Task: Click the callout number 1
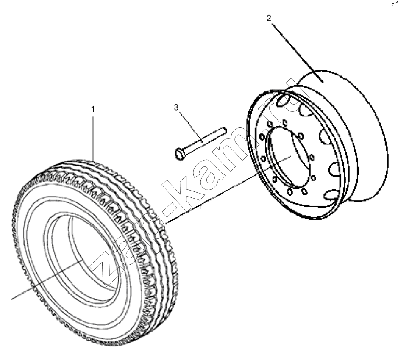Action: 93,109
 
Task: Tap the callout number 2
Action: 269,18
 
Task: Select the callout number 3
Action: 176,108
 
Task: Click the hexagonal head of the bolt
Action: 179,154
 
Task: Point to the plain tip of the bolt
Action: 224,130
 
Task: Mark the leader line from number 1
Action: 93,138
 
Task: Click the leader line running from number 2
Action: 298,53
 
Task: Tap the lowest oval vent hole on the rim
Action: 331,194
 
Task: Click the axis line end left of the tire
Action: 12,299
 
